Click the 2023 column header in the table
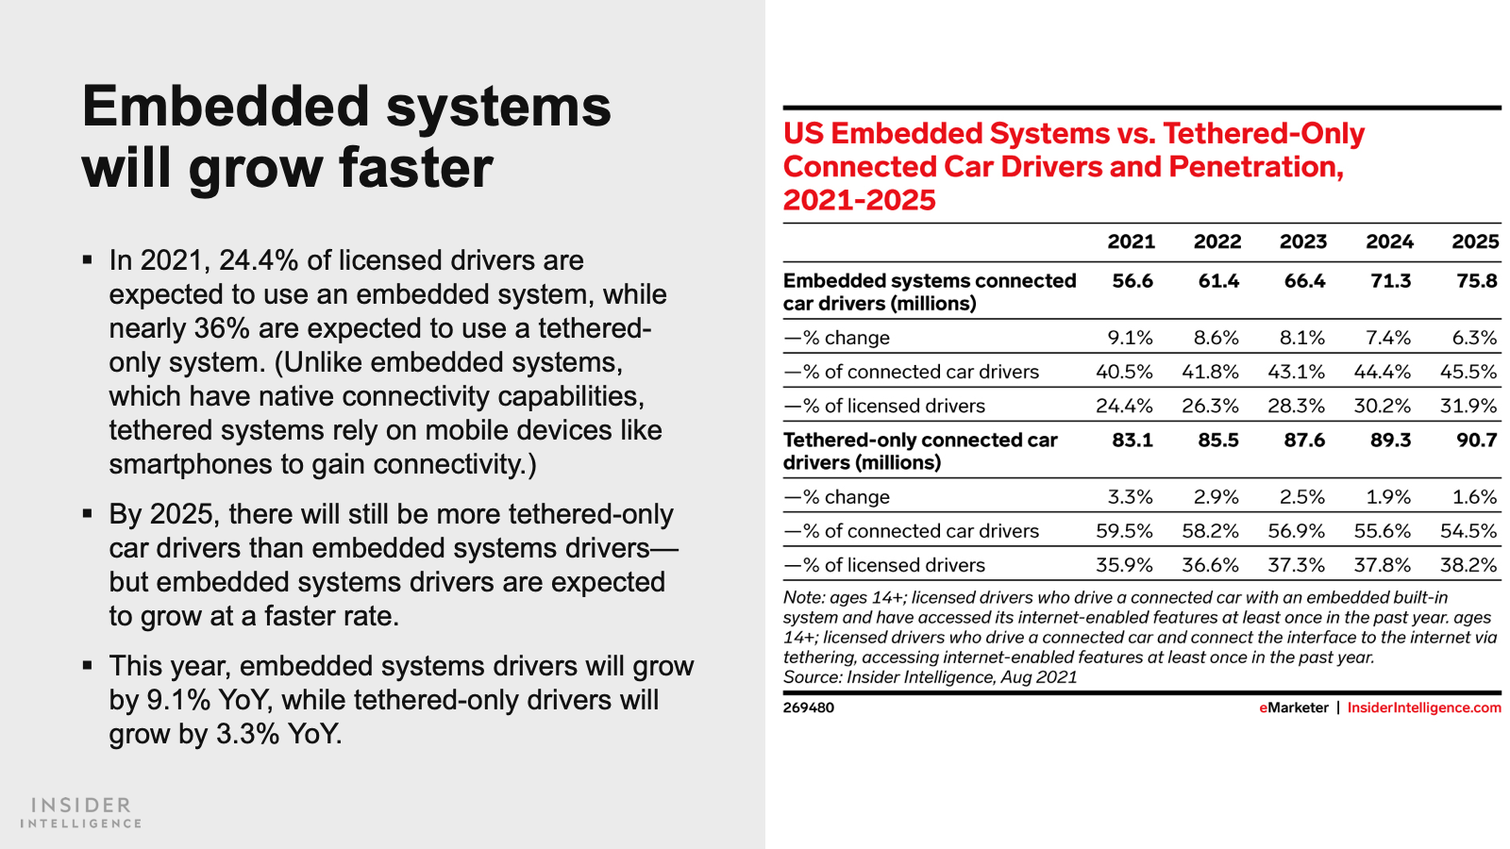tap(1303, 241)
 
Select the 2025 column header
tap(1476, 241)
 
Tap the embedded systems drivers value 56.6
tap(1132, 280)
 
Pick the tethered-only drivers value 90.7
tap(1476, 440)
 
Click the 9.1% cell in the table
tap(1131, 337)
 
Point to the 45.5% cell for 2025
tap(1468, 372)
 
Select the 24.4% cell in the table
tap(1124, 406)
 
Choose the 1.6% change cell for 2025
tap(1475, 496)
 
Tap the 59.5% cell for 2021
tap(1124, 531)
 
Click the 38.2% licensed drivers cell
tap(1468, 565)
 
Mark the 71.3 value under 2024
tap(1391, 280)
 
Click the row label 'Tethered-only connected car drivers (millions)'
tap(920, 451)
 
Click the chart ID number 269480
tap(808, 707)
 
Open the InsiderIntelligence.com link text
tap(1424, 707)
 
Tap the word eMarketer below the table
tap(1294, 707)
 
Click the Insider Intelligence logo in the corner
tap(81, 812)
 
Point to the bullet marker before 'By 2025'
tap(87, 514)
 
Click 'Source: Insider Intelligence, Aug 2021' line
tap(930, 676)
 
